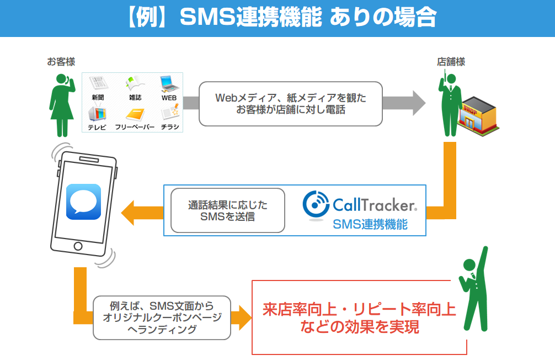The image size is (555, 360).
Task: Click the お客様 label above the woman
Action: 61,62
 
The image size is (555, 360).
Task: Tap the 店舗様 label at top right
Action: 451,62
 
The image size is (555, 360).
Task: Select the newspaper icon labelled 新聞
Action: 98,83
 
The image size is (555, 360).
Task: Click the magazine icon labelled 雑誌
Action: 135,83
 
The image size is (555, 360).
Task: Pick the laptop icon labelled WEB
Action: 169,83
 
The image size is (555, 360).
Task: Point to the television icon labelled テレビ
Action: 97,114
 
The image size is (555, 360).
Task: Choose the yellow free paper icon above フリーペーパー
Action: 135,114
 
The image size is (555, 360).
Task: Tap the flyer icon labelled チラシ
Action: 170,112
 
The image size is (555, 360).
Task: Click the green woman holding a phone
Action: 62,105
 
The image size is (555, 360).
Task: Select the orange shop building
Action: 478,115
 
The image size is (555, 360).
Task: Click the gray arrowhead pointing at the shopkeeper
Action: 419,103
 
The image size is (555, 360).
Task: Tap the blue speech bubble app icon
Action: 83,202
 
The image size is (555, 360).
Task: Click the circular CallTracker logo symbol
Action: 316,204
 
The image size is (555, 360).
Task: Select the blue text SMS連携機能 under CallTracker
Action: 370,224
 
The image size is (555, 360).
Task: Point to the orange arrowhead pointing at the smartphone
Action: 127,213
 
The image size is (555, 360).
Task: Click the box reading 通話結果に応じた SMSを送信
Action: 228,210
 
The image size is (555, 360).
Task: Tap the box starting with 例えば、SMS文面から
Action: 162,318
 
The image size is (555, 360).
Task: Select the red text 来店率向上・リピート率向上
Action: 359,309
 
